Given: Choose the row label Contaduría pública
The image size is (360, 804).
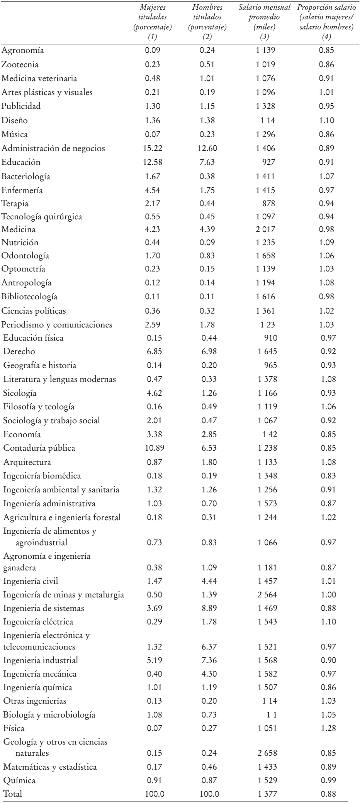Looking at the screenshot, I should [39, 448].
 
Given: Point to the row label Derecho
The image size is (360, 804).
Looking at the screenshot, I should [19, 351].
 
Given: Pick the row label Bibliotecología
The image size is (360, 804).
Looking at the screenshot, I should [30, 297].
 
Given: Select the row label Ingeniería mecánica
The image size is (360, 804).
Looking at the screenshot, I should [40, 674].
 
